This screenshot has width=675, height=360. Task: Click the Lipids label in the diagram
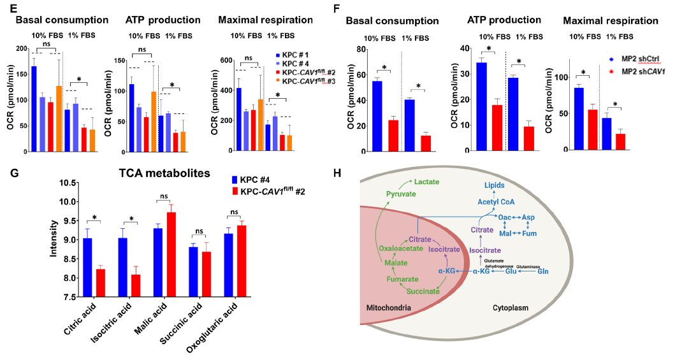[x=494, y=185]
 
